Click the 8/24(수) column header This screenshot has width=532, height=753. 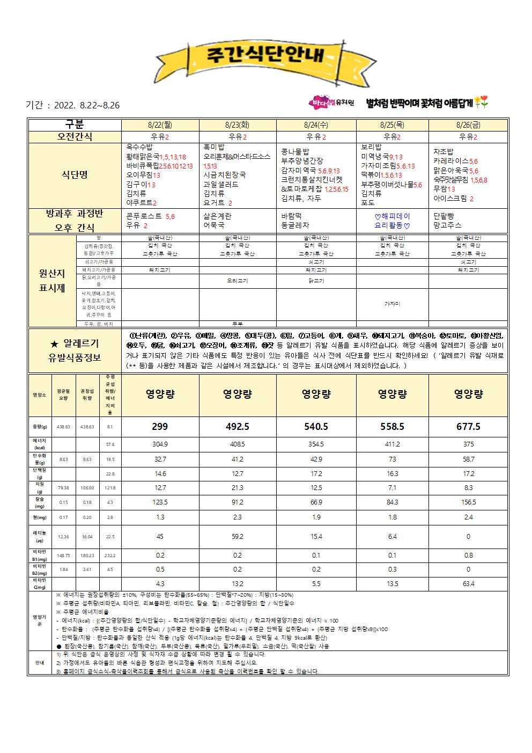click(x=316, y=125)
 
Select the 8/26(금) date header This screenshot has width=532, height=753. click(x=468, y=125)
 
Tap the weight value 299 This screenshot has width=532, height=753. click(x=160, y=427)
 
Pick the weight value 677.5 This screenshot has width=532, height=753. click(x=468, y=427)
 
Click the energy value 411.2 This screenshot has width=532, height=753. click(x=392, y=444)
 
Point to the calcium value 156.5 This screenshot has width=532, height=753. click(x=468, y=502)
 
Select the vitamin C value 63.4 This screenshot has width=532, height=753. click(x=468, y=583)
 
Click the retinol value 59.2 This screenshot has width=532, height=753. click(x=237, y=536)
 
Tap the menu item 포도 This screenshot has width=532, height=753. click(x=367, y=203)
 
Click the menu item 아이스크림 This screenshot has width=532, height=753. click(x=450, y=199)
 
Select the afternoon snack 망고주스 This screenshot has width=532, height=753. click(x=447, y=225)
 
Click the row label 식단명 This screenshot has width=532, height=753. click(x=75, y=174)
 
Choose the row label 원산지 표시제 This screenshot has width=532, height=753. click(x=52, y=280)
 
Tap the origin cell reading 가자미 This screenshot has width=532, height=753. click(x=392, y=304)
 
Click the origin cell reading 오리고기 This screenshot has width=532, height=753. click(x=237, y=281)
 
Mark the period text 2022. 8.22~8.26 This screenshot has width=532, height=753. click(x=87, y=106)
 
